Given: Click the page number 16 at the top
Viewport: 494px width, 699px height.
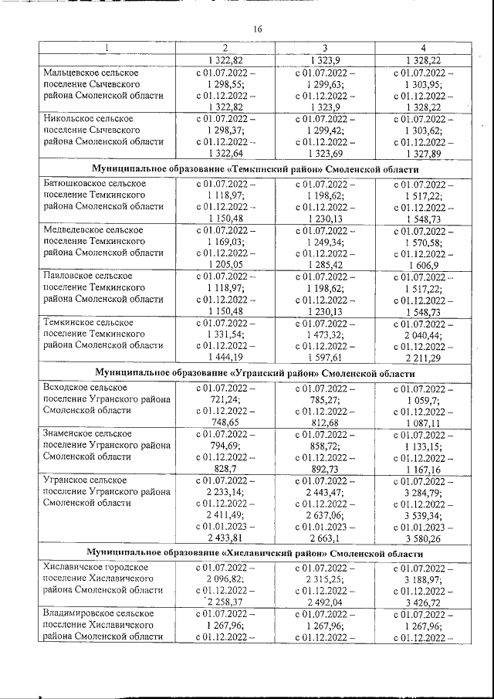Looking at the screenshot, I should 258,29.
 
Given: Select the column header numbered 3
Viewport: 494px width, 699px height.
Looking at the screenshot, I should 325,48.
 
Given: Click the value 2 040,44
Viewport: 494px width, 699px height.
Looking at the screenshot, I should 423,334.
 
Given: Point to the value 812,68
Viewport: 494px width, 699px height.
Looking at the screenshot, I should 325,422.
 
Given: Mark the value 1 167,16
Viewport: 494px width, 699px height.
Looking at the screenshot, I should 423,469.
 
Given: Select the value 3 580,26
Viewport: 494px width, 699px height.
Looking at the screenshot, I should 423,538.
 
